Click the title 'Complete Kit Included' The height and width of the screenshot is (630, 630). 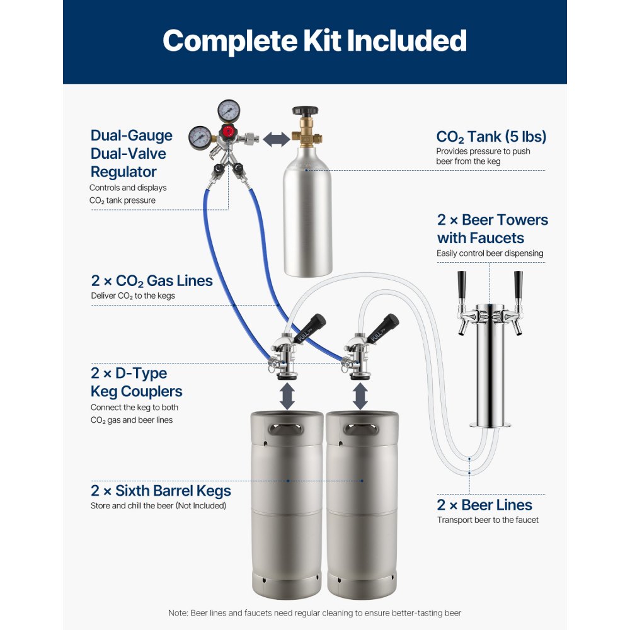pos(314,41)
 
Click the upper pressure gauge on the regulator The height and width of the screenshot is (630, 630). pos(228,112)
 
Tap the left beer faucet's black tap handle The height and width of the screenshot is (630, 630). pos(462,285)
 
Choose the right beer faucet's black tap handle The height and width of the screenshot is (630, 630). pos(518,285)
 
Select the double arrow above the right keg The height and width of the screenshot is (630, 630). pos(360,397)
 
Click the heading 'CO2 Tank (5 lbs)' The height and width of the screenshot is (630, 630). pos(491,137)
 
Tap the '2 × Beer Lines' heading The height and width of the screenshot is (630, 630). pos(484,505)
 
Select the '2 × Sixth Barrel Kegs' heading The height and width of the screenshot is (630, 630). pos(161,491)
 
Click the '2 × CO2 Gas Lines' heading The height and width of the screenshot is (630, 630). pos(151,280)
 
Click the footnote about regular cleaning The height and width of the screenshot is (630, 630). pos(314,613)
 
